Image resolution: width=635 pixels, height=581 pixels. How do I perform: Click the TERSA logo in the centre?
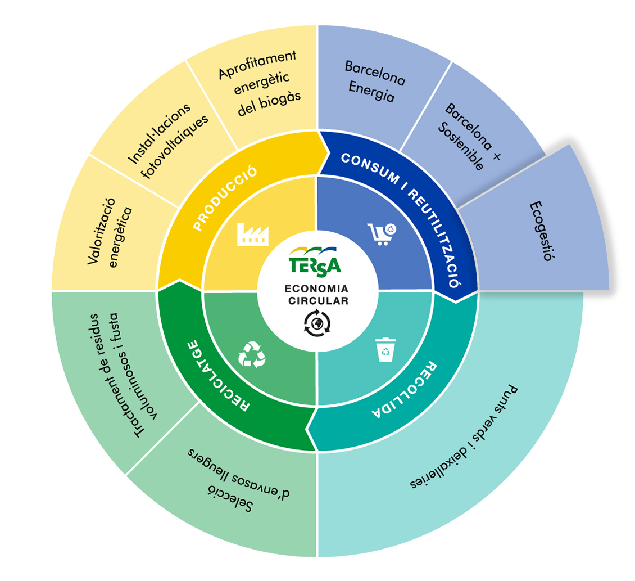pos(315,262)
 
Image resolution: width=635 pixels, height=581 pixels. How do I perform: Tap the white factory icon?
pos(253,235)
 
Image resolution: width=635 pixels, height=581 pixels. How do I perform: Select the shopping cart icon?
pos(382,234)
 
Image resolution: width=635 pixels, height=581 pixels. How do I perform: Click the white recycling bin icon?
pos(385,350)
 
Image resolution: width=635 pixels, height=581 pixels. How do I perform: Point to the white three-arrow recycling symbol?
pos(252,354)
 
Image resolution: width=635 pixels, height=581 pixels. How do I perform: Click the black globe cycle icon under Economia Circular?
pos(317,323)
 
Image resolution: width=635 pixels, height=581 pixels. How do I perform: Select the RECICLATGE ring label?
pos(217,375)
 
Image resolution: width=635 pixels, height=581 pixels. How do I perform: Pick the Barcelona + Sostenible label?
pos(469,136)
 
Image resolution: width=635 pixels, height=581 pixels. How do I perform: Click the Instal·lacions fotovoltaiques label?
pos(167,141)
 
